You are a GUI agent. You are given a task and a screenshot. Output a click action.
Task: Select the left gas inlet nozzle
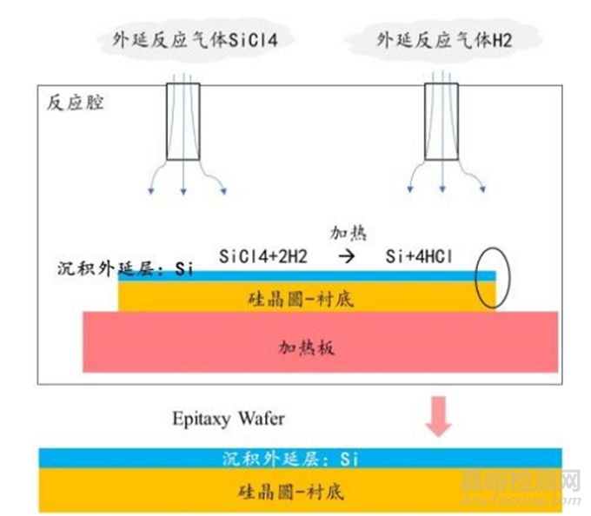[x=183, y=122]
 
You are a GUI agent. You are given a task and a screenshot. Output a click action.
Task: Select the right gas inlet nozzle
[x=441, y=122]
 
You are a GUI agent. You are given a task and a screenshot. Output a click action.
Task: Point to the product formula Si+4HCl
[x=424, y=257]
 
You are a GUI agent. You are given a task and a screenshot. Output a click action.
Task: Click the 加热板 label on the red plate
[x=306, y=347]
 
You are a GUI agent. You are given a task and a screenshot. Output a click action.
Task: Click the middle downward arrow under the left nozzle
[x=183, y=178]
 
